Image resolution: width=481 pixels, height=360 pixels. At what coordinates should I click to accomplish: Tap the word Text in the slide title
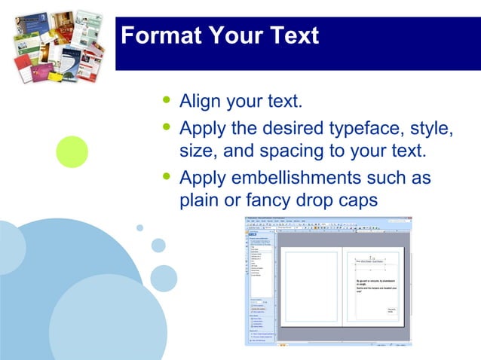click(290, 35)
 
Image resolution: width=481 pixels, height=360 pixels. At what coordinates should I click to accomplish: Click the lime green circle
click(72, 151)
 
